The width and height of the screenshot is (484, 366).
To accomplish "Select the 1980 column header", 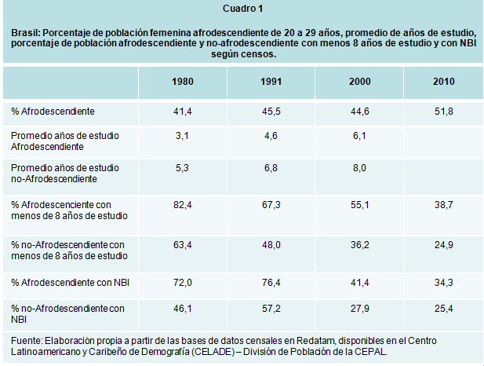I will pos(182,82).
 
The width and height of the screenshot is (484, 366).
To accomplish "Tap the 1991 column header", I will pos(271,82).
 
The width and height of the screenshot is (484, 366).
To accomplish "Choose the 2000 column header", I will pos(359,82).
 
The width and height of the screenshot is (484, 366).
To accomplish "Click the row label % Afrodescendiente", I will pos(53,112).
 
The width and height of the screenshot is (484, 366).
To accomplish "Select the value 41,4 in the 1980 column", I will pos(182,112).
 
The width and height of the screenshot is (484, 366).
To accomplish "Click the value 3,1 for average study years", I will pos(182,136).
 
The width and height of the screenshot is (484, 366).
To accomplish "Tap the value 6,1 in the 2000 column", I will pos(359,136).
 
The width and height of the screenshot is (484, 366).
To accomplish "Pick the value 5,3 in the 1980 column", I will pos(182,167).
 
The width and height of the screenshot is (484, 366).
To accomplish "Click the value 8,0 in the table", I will pos(359,167).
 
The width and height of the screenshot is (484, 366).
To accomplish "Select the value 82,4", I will pos(182,203).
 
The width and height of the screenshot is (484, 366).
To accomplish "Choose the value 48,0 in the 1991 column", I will pos(271,244).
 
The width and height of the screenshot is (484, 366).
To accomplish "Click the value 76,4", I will pos(271,280).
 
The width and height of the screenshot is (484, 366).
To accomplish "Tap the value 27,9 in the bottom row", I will pos(359,309).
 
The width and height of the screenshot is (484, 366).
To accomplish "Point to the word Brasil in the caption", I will pos(25,34).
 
